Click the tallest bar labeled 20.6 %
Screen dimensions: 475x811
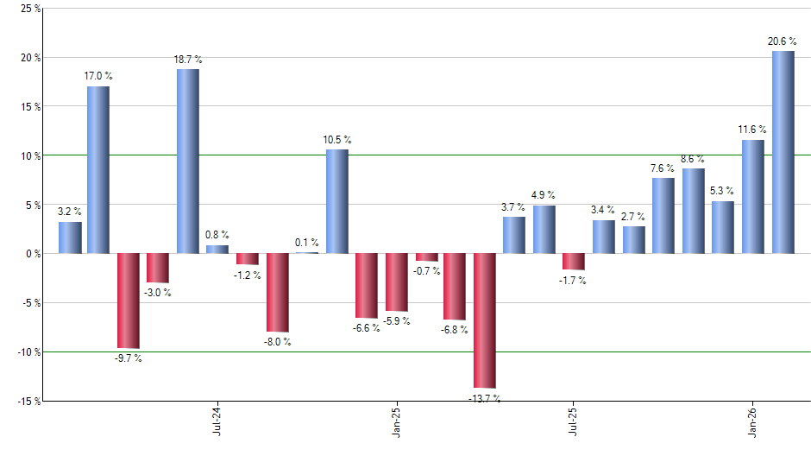click(783, 152)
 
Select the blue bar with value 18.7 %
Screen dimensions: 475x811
click(188, 161)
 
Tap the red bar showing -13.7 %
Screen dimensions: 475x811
click(485, 320)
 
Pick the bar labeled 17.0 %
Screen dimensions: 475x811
click(98, 170)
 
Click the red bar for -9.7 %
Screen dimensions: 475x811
click(129, 301)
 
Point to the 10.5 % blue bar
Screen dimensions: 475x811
click(336, 201)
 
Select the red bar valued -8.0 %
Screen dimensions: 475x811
click(277, 293)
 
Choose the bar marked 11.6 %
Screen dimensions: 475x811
click(753, 196)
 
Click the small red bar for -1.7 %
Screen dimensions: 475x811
click(574, 262)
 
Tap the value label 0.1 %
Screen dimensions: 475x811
click(306, 243)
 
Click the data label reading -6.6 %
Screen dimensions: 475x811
click(367, 328)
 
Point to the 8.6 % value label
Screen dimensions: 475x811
click(693, 159)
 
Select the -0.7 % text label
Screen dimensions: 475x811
click(426, 271)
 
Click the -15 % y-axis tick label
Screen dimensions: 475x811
click(26, 402)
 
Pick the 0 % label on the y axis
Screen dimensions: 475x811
click(31, 254)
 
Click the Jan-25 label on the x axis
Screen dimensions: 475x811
click(396, 421)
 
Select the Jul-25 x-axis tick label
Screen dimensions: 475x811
click(573, 421)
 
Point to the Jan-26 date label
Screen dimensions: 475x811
click(753, 421)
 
